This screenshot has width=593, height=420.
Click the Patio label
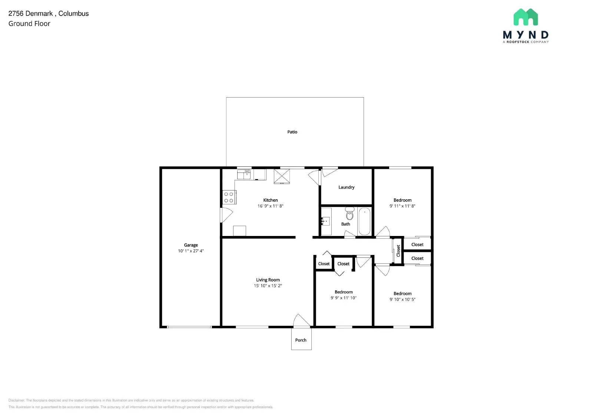[x=292, y=132]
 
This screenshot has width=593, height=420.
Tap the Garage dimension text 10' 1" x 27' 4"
[x=191, y=251]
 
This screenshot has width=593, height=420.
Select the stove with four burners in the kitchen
[x=229, y=197]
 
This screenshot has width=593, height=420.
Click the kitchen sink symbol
[x=244, y=174]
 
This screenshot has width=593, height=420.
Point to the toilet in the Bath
[x=349, y=214]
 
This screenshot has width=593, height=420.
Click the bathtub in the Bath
[x=364, y=222]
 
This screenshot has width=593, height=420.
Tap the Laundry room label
[x=346, y=187]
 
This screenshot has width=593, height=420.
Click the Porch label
[x=301, y=340]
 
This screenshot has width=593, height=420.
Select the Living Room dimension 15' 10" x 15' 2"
[x=268, y=286]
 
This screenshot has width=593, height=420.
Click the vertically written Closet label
[x=398, y=251]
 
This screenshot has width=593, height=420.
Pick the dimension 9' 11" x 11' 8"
[x=402, y=206]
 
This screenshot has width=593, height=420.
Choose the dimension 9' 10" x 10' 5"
[x=402, y=299]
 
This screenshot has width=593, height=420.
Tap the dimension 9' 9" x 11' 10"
[x=343, y=298]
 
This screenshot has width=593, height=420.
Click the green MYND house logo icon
[x=526, y=17]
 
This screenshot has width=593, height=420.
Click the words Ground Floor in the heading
[x=29, y=24]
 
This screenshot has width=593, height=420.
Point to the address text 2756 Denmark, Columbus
[x=48, y=13]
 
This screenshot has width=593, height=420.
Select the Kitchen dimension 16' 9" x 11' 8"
[x=270, y=206]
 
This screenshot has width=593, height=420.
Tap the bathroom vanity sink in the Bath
[x=326, y=222]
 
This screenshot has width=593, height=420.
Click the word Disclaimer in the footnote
[x=17, y=400]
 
